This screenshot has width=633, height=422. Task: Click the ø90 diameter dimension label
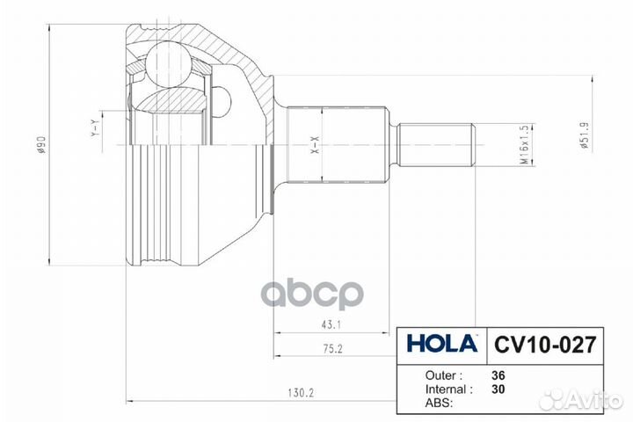coord(42,145)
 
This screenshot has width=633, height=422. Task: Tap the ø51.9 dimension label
coord(585,136)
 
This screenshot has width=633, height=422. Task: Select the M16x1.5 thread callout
coord(524,144)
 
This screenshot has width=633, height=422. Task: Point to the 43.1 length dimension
coord(331,324)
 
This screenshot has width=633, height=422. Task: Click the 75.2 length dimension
coord(332,348)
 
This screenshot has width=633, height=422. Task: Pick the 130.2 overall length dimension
coord(301,392)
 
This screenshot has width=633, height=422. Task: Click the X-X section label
coord(316,145)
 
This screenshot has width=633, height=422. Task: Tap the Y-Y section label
coord(95,128)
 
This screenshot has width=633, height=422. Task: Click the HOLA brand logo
coord(442,344)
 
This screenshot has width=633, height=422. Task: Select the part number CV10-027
coord(545,345)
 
